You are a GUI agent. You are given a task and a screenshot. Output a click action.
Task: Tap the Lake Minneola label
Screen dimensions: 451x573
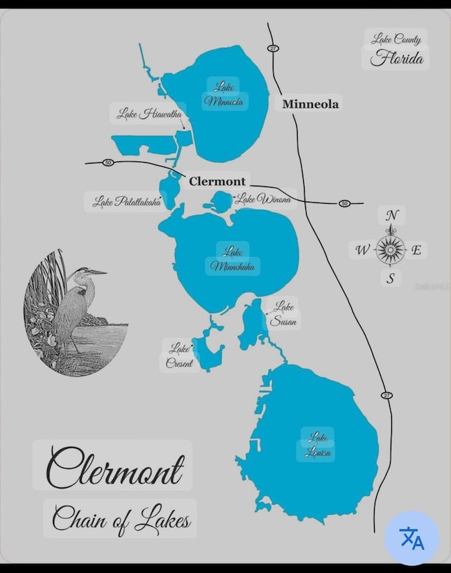tap(223, 94)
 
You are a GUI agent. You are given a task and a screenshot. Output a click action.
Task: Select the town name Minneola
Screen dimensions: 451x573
tap(310, 104)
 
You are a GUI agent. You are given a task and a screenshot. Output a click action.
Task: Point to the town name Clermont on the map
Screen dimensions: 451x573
tap(218, 180)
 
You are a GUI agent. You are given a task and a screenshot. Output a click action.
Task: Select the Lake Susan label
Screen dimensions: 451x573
tap(284, 314)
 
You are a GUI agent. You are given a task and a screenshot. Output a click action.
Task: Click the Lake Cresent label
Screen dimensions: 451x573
tap(179, 355)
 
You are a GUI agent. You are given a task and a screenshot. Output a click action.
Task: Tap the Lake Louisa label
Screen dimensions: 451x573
tap(318, 446)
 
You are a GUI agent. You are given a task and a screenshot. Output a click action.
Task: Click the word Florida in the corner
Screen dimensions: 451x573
tap(396, 58)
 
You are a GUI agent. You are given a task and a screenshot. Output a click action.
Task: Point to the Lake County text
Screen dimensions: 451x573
tap(395, 39)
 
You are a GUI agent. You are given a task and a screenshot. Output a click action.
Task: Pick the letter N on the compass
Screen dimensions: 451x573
tap(391, 215)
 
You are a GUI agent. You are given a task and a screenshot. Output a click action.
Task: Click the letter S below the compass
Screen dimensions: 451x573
tap(391, 279)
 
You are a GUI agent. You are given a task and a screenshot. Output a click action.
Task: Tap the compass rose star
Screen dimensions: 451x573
tap(391, 249)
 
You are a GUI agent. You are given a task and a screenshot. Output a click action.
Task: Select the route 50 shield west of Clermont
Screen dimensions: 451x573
tap(108, 163)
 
